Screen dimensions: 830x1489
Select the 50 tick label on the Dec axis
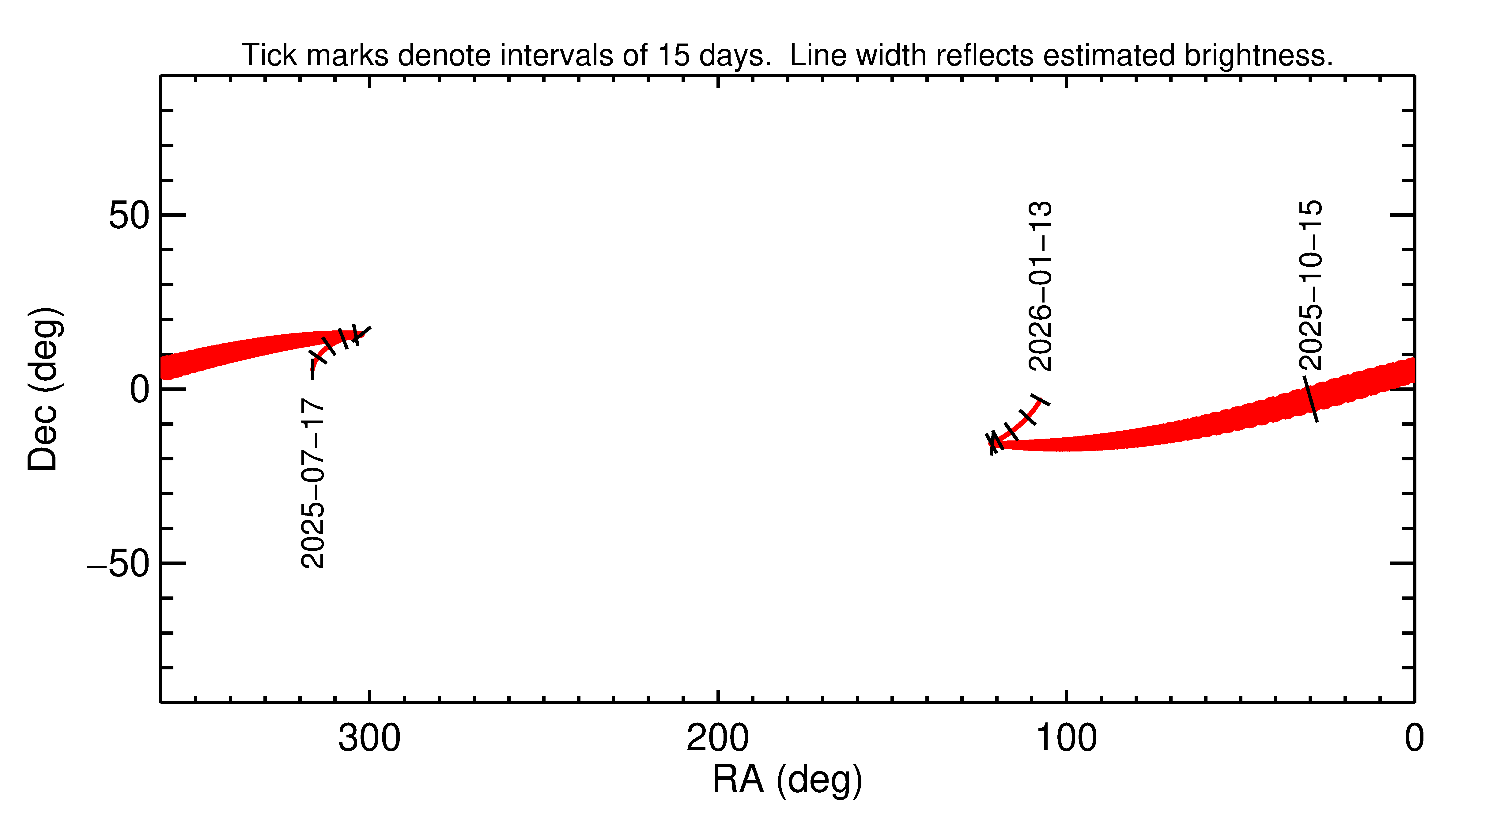pyautogui.click(x=129, y=216)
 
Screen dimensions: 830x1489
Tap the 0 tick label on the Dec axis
pyautogui.click(x=140, y=389)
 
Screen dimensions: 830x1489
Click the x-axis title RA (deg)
pyautogui.click(x=787, y=780)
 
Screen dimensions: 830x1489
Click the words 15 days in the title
pyautogui.click(x=713, y=55)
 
